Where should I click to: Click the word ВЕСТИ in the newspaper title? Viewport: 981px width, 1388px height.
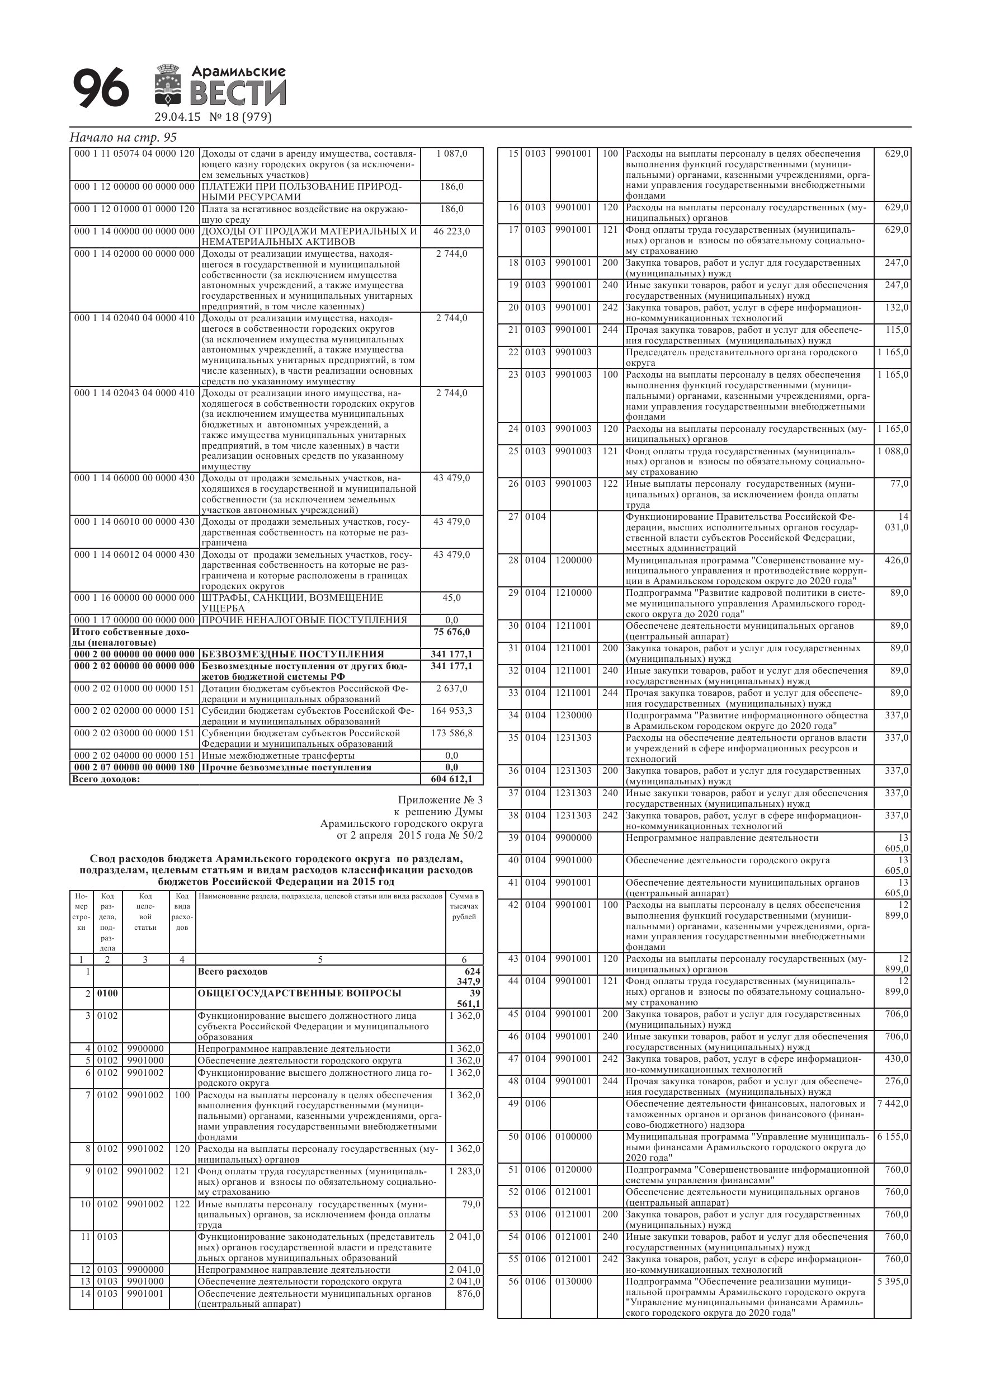click(x=238, y=95)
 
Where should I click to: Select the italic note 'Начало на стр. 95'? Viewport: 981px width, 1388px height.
click(x=123, y=138)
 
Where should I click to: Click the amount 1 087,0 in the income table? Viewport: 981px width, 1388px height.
click(x=451, y=153)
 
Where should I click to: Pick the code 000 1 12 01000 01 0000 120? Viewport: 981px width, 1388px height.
click(x=134, y=209)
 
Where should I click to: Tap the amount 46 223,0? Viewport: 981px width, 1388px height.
click(x=451, y=232)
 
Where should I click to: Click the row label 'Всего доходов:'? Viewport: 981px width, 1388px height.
click(x=106, y=779)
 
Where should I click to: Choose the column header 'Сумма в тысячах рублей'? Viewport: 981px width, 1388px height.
click(x=464, y=906)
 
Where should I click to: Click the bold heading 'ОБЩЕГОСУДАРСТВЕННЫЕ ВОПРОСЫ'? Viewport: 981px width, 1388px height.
click(x=299, y=993)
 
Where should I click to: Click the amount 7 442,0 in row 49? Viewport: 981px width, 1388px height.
click(x=892, y=1104)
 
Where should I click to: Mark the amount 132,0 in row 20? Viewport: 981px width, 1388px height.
click(x=897, y=308)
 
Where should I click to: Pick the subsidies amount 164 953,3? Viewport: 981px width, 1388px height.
click(x=451, y=711)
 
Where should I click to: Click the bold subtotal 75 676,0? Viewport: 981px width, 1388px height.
click(x=451, y=632)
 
